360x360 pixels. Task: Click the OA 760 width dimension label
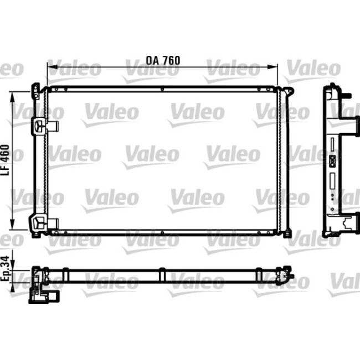[x=163, y=60]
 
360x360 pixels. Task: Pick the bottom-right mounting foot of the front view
[x=286, y=234]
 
